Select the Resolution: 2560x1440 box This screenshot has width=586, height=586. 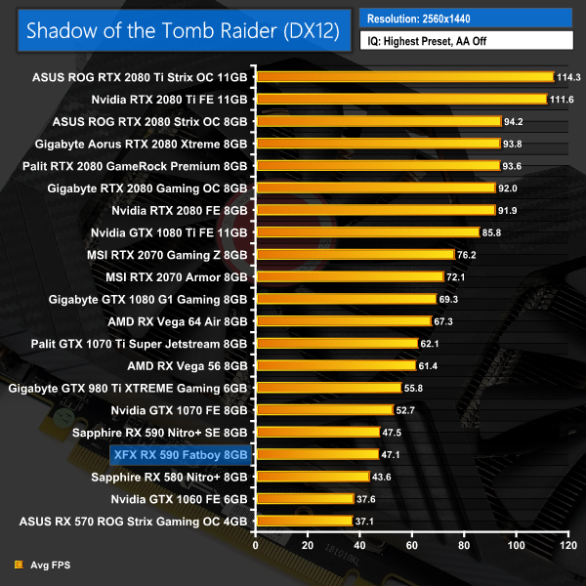[x=466, y=18]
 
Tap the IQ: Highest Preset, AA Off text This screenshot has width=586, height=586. [x=466, y=41]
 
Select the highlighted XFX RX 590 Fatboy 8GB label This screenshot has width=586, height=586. [x=181, y=454]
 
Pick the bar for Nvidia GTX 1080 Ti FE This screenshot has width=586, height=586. [x=365, y=232]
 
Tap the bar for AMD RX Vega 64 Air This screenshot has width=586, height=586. [x=342, y=320]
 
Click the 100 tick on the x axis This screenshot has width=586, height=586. [x=515, y=543]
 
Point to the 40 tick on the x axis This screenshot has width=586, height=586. [x=359, y=543]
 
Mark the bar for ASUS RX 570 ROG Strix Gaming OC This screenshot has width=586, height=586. [x=304, y=521]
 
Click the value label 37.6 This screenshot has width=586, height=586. [x=369, y=498]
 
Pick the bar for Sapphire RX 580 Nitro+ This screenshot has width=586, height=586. [x=313, y=477]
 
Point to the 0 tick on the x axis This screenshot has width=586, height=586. [x=256, y=543]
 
